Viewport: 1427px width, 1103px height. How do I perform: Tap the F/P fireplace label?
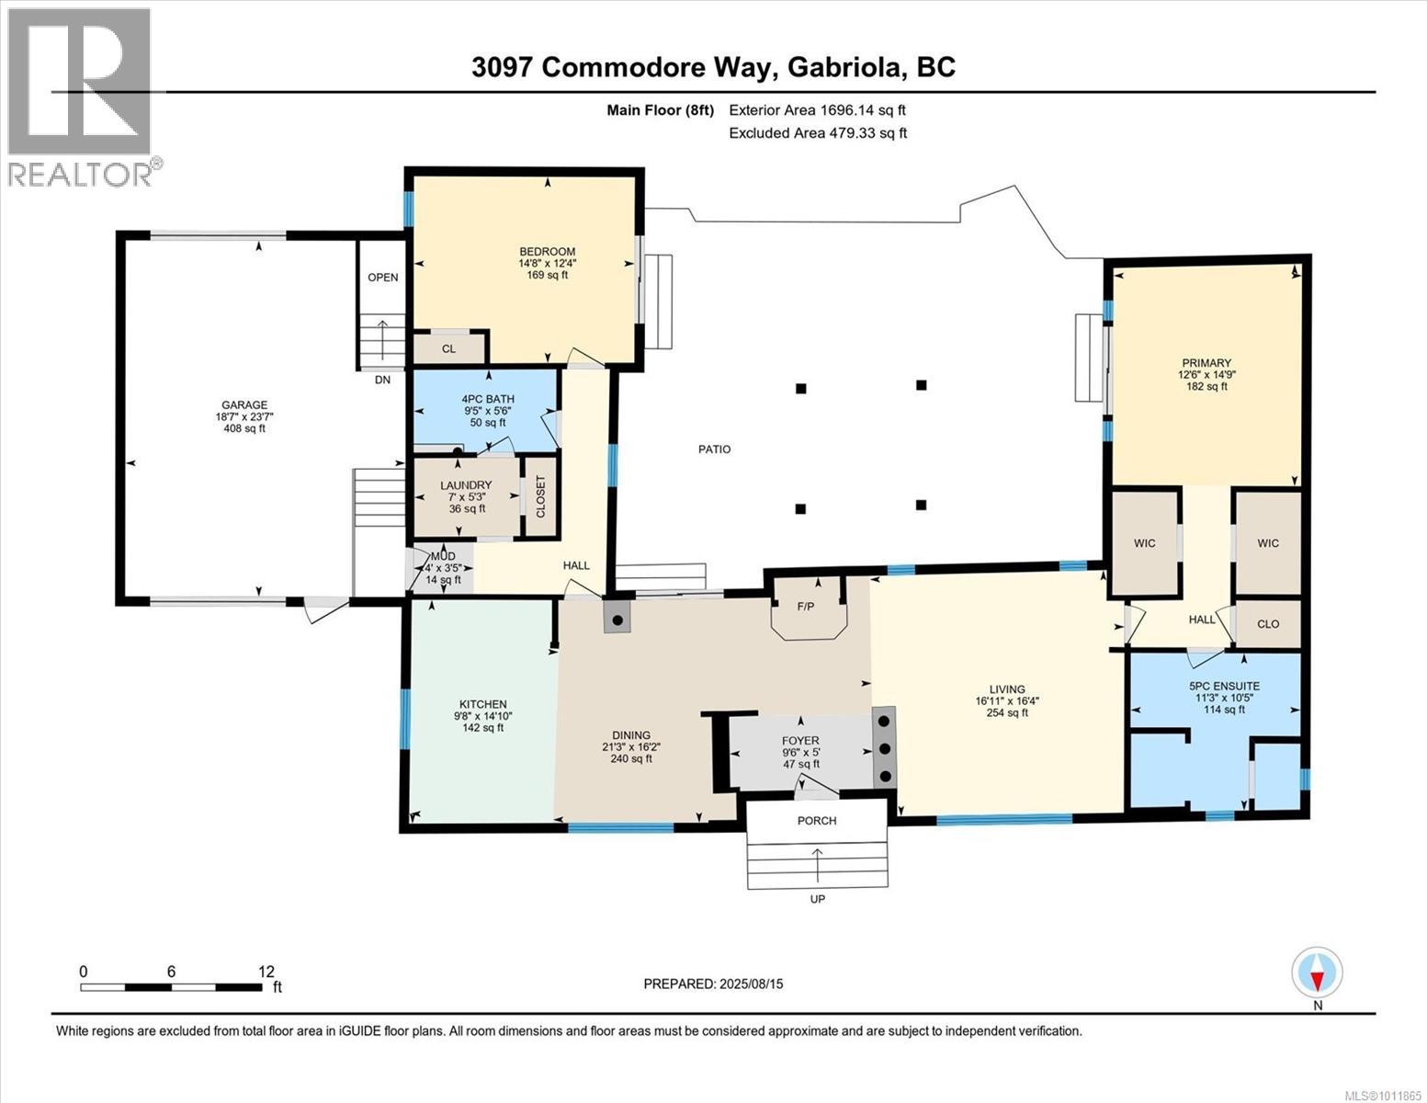click(806, 607)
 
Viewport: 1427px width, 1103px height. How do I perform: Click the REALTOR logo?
click(82, 97)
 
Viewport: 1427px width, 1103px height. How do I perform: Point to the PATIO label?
click(715, 449)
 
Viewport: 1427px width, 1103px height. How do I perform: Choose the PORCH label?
click(817, 821)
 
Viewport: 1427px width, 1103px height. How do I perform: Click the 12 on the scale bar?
click(266, 972)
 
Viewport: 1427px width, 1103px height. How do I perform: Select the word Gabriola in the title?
click(842, 68)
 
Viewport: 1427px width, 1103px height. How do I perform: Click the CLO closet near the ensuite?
click(1268, 624)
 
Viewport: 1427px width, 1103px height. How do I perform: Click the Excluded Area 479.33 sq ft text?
click(818, 132)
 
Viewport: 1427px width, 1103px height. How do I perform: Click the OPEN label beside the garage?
click(383, 278)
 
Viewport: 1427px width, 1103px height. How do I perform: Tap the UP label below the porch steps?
click(818, 899)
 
